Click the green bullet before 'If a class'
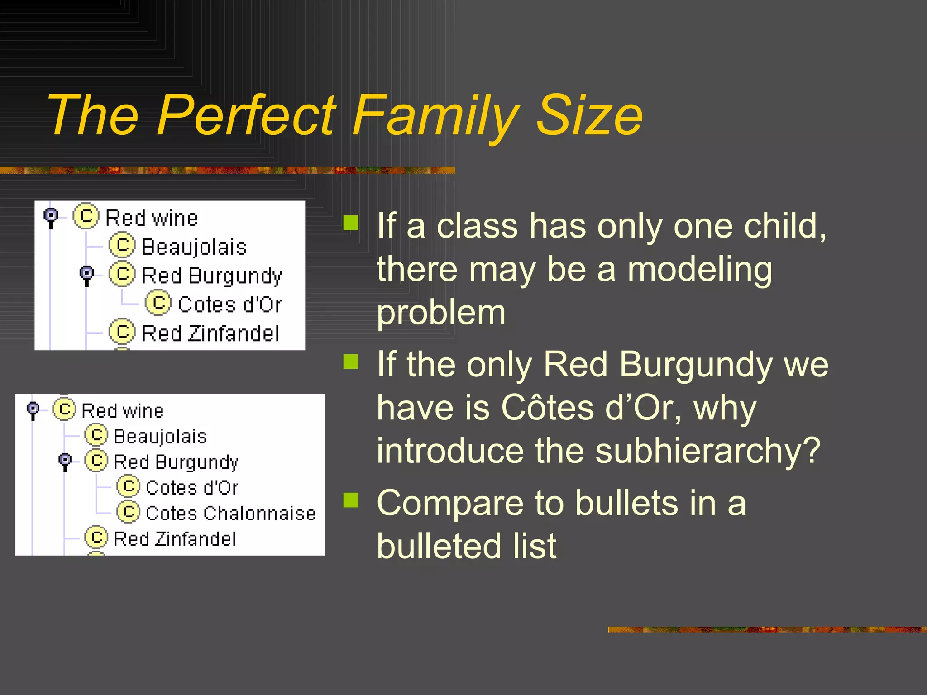pos(351,223)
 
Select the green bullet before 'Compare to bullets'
pos(351,500)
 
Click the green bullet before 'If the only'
pos(351,362)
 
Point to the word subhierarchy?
pos(707,451)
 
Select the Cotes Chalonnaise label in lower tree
pos(230,513)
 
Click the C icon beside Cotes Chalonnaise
pos(129,512)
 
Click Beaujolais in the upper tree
pos(194,247)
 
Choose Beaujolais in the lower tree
pos(160,437)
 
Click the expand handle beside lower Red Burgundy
pos(65,461)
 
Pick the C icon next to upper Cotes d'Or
pos(158,303)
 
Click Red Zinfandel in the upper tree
pos(210,333)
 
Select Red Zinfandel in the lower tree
pos(174,539)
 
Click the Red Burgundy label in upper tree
pos(211,276)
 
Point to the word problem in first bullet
pos(441,313)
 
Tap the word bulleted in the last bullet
pos(466,546)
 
